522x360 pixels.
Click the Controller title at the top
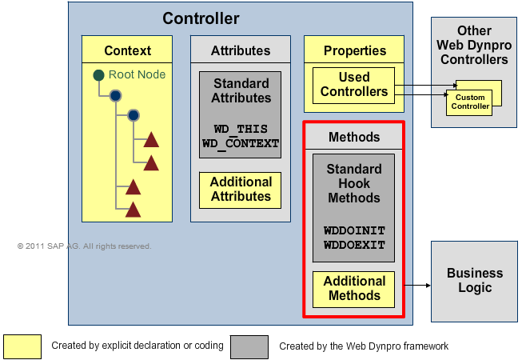[x=201, y=18]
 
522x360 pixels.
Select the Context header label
[x=127, y=50]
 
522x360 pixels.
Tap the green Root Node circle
[x=98, y=75]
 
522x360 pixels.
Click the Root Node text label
[x=137, y=75]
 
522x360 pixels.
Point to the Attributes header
[x=240, y=50]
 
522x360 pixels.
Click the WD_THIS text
[x=241, y=129]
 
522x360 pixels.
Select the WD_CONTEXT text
[x=241, y=143]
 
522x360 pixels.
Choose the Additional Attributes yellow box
[x=240, y=190]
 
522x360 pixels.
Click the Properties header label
[x=354, y=50]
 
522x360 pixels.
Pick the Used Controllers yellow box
[x=353, y=85]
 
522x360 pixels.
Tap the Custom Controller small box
[x=469, y=102]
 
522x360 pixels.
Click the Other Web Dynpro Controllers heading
[x=473, y=45]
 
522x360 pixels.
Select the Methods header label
[x=354, y=137]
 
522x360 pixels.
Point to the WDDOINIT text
[x=354, y=230]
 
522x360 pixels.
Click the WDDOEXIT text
[x=354, y=244]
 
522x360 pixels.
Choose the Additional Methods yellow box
[x=354, y=289]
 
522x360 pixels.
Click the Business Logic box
[x=475, y=280]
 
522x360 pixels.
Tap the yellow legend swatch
[x=22, y=346]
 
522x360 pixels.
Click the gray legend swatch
[x=249, y=346]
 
